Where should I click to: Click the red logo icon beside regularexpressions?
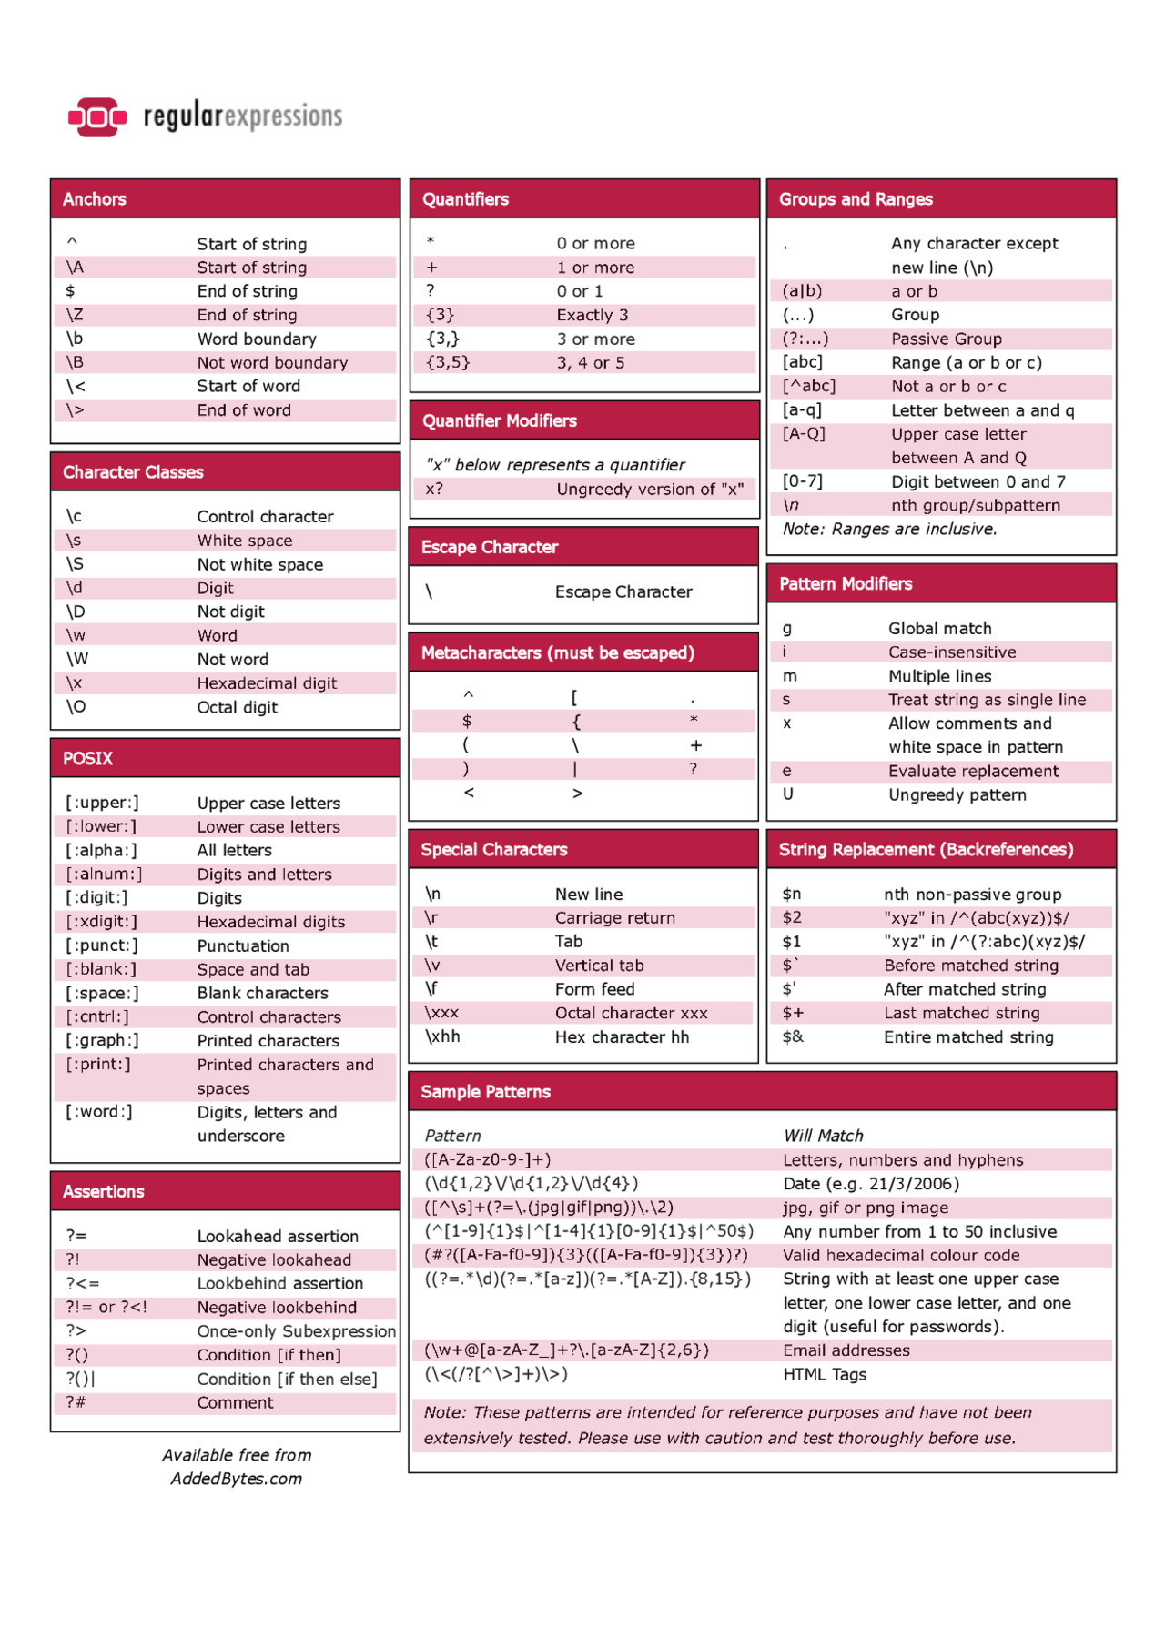(96, 116)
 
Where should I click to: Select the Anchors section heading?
(95, 199)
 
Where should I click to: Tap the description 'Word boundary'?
(257, 339)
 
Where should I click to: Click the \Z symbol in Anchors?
(75, 315)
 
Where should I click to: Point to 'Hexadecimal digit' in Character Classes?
(267, 683)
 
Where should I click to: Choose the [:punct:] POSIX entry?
(102, 945)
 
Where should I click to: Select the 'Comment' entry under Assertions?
(235, 1402)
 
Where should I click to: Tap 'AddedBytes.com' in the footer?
(237, 1479)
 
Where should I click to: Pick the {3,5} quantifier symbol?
(448, 362)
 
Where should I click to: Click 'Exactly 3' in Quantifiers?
(593, 315)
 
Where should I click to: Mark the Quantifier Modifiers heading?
(499, 420)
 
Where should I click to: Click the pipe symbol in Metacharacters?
(575, 769)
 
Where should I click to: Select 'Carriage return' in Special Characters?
(615, 917)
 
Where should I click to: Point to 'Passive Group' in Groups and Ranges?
(947, 339)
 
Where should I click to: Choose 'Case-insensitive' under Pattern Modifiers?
(952, 652)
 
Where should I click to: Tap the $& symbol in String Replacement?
(793, 1036)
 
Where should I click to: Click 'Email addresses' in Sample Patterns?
(846, 1350)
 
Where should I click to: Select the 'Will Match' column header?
(823, 1136)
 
